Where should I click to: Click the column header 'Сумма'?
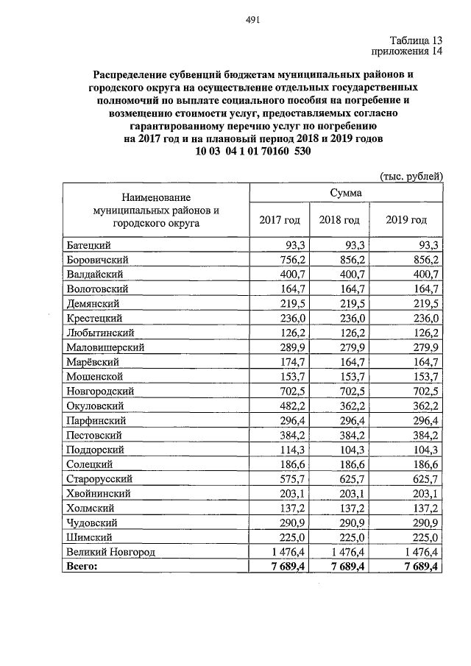point(346,192)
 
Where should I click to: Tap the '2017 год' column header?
point(280,220)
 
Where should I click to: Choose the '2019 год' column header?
point(406,220)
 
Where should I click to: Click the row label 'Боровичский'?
point(98,260)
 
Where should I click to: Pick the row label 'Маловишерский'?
point(105,347)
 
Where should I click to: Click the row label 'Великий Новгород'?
point(110,551)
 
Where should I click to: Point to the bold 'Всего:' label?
point(84,565)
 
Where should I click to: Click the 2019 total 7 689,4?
point(417,565)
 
